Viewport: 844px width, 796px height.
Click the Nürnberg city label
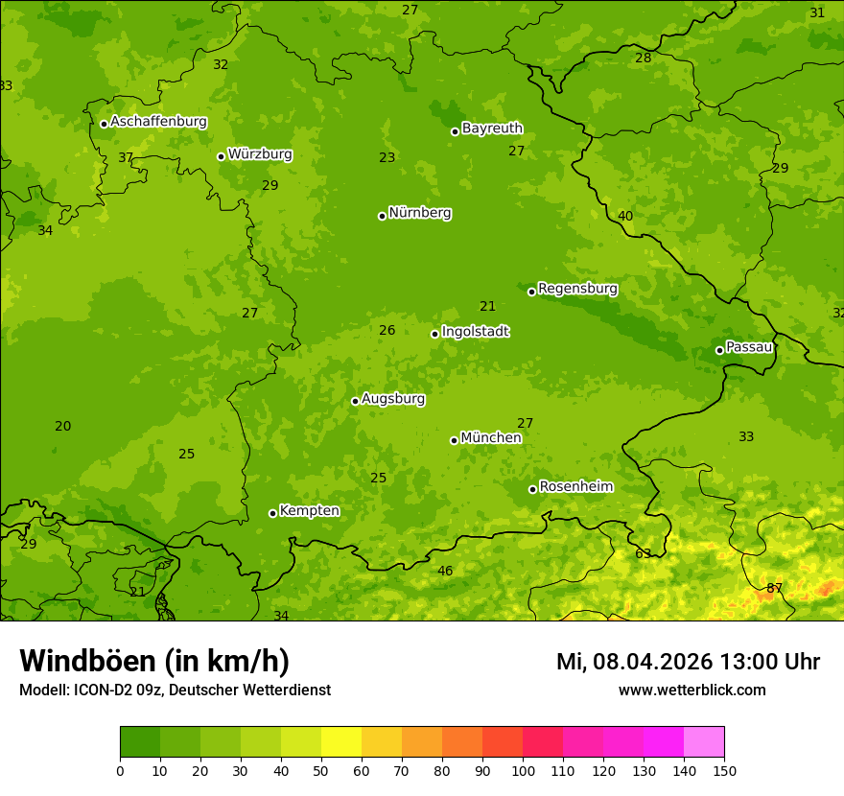click(x=419, y=213)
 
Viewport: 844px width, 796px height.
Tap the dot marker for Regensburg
click(x=531, y=292)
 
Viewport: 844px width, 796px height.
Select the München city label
click(x=490, y=438)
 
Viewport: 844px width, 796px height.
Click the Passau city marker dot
click(x=719, y=350)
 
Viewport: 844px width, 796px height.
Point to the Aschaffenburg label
click(x=158, y=122)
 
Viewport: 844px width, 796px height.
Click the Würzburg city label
click(x=260, y=154)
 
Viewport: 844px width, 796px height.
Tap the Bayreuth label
click(x=492, y=129)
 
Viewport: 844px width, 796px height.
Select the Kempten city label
click(x=309, y=511)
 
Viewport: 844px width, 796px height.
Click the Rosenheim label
click(x=575, y=487)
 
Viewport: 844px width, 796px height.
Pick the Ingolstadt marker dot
click(x=434, y=334)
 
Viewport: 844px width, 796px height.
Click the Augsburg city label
click(x=392, y=399)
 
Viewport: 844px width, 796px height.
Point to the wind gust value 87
click(x=774, y=588)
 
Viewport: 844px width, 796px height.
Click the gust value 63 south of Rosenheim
click(x=643, y=553)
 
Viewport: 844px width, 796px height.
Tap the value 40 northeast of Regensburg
click(x=625, y=216)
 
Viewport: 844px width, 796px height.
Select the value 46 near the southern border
click(x=445, y=571)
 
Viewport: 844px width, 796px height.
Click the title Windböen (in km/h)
click(x=154, y=661)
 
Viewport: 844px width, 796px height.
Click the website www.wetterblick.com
click(x=692, y=690)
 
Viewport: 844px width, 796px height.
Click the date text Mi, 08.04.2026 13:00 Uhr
click(x=688, y=662)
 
